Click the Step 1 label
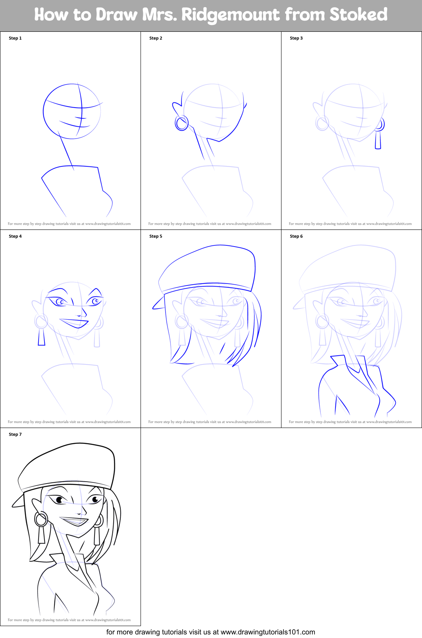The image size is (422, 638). point(15,38)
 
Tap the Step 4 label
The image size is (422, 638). point(15,236)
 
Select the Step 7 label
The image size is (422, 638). point(15,434)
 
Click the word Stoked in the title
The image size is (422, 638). point(358,15)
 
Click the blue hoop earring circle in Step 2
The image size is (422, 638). point(182,123)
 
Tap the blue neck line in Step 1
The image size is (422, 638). point(66,153)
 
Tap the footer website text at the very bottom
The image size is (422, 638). point(210,632)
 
